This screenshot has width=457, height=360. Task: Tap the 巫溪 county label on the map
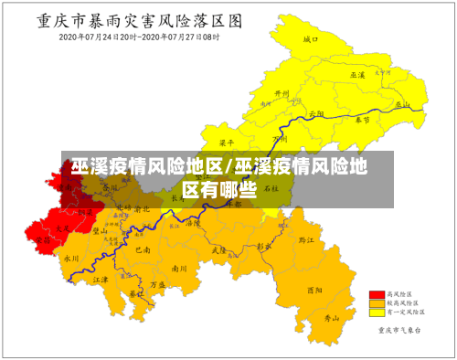(x=357, y=74)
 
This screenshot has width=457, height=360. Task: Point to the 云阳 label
(x=316, y=113)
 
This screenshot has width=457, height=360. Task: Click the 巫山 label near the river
(x=398, y=104)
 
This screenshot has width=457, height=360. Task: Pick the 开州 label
(x=282, y=94)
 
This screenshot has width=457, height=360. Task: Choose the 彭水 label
(x=264, y=247)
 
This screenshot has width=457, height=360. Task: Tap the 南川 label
(x=178, y=269)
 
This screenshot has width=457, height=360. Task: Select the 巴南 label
(x=143, y=249)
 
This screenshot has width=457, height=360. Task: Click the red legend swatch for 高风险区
(x=375, y=294)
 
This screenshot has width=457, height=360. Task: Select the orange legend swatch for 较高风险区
(x=375, y=302)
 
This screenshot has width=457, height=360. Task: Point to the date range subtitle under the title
(x=140, y=37)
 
